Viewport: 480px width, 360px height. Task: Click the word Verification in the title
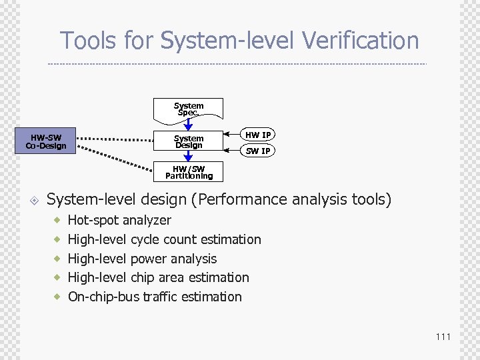(360, 41)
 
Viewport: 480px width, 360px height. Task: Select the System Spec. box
(189, 109)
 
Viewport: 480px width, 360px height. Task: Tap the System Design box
(189, 141)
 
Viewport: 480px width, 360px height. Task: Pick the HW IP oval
(257, 135)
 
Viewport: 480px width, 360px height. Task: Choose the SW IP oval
(257, 151)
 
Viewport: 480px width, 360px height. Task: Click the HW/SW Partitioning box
(189, 173)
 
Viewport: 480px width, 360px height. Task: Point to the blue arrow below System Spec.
(189, 123)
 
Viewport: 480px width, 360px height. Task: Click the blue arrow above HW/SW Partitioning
(189, 157)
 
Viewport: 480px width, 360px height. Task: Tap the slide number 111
(443, 337)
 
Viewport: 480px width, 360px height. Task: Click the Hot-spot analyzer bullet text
(119, 220)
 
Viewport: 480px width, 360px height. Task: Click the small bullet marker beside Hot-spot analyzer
(58, 220)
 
